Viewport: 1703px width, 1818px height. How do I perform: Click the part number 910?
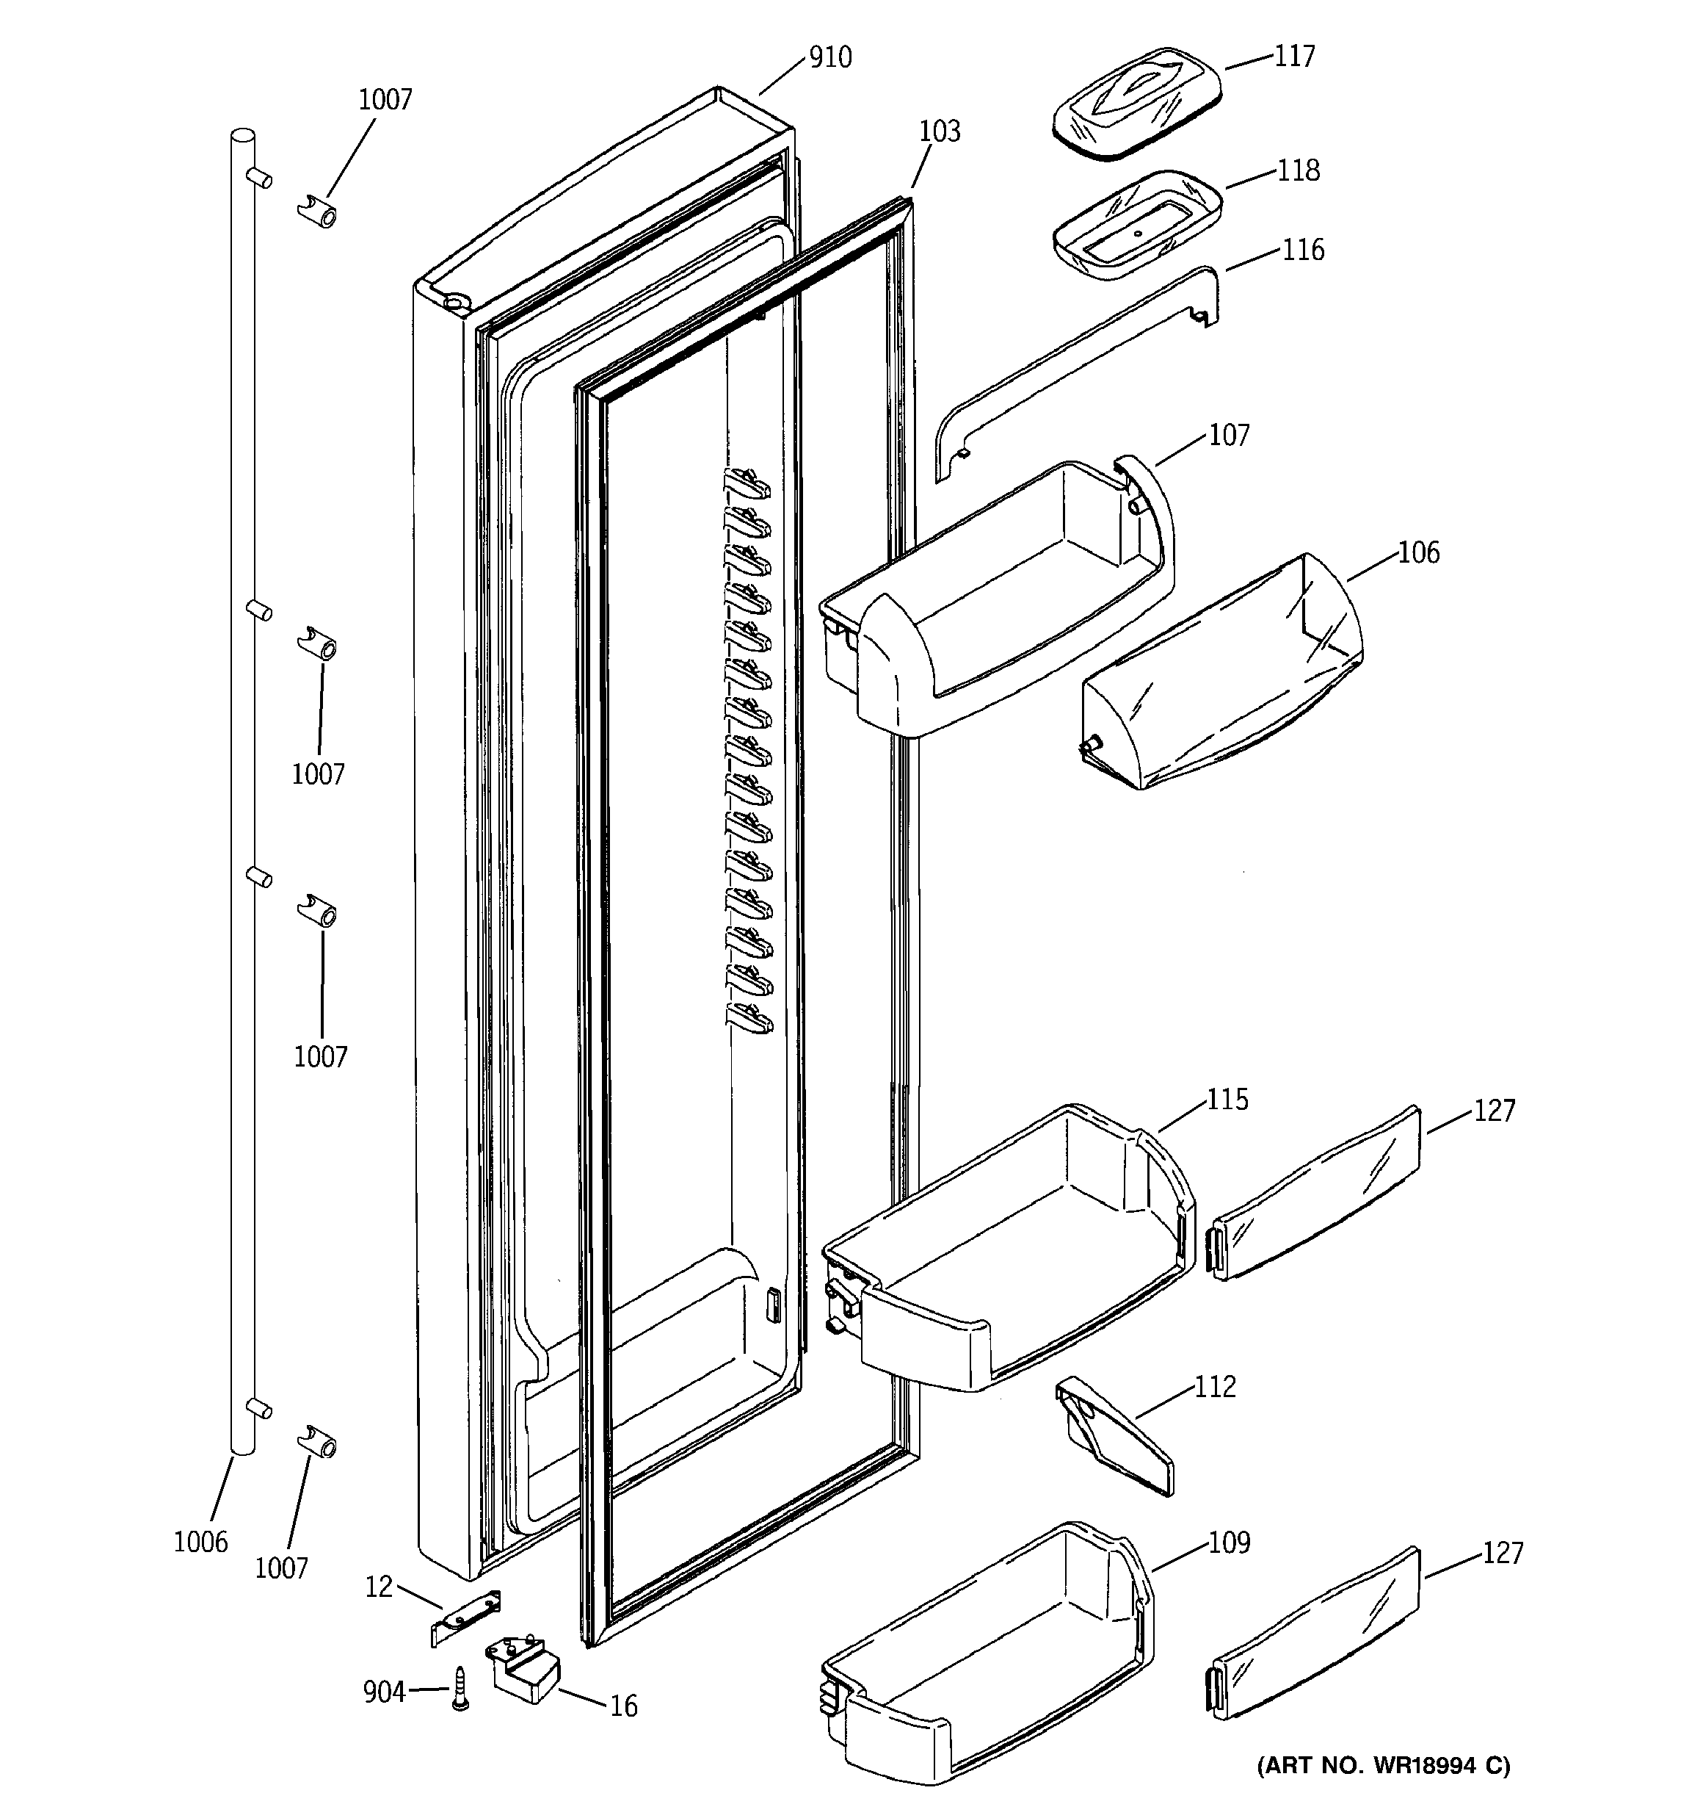(830, 57)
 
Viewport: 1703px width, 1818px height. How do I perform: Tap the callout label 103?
(940, 131)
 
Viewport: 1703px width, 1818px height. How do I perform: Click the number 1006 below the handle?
(200, 1542)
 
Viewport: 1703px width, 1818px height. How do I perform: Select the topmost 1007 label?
(385, 100)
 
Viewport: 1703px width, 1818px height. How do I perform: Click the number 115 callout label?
(1227, 1099)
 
